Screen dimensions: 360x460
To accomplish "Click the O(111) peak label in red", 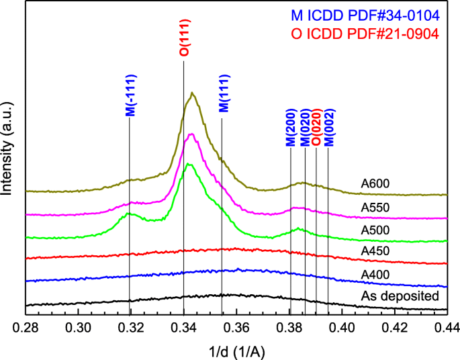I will [x=183, y=42].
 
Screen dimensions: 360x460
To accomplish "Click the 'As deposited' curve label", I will [x=400, y=296].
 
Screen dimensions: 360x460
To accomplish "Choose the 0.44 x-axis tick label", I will [x=447, y=328].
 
